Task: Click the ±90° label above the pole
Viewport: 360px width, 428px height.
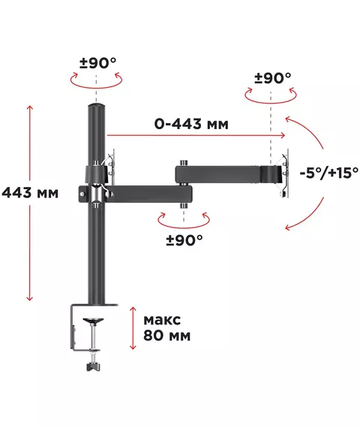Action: point(98,63)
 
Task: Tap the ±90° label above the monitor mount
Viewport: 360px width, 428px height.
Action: point(273,78)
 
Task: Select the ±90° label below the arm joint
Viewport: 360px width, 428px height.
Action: point(184,240)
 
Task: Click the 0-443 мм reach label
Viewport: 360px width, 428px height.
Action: point(191,124)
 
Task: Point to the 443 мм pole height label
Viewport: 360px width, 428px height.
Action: point(30,193)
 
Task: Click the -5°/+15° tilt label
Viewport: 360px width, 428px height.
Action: point(329,173)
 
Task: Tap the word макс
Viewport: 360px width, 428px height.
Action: point(162,320)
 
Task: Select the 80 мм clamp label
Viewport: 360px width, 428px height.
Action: point(167,335)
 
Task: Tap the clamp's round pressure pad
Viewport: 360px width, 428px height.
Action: point(93,320)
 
